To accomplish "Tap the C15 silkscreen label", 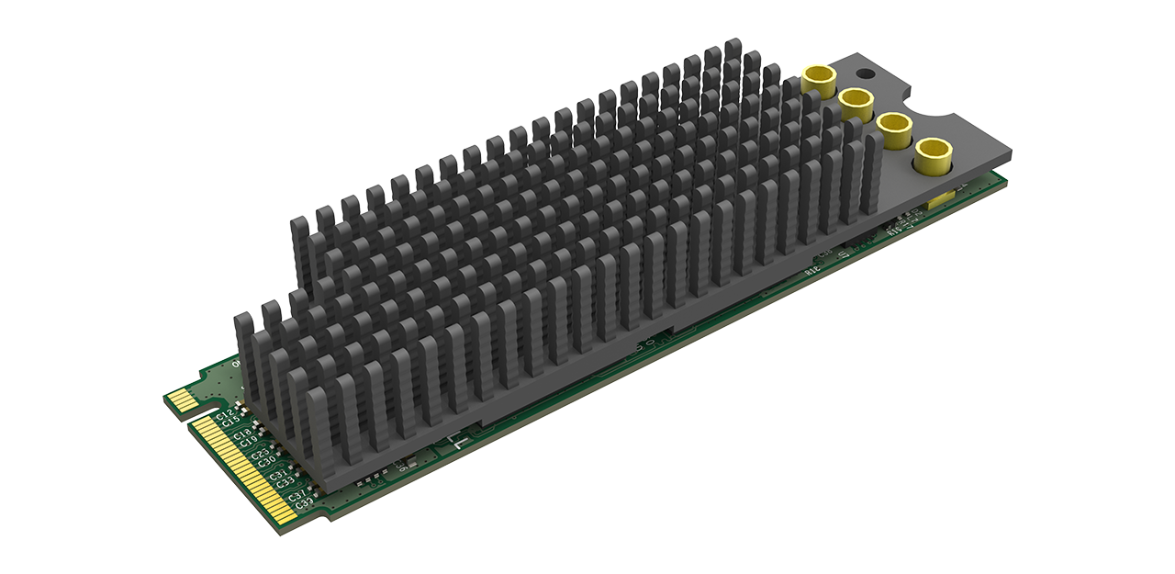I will pyautogui.click(x=230, y=422).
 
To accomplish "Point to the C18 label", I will pyautogui.click(x=241, y=434).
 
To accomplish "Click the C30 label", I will pyautogui.click(x=267, y=464).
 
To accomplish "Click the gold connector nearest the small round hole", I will pyautogui.click(x=814, y=80).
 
